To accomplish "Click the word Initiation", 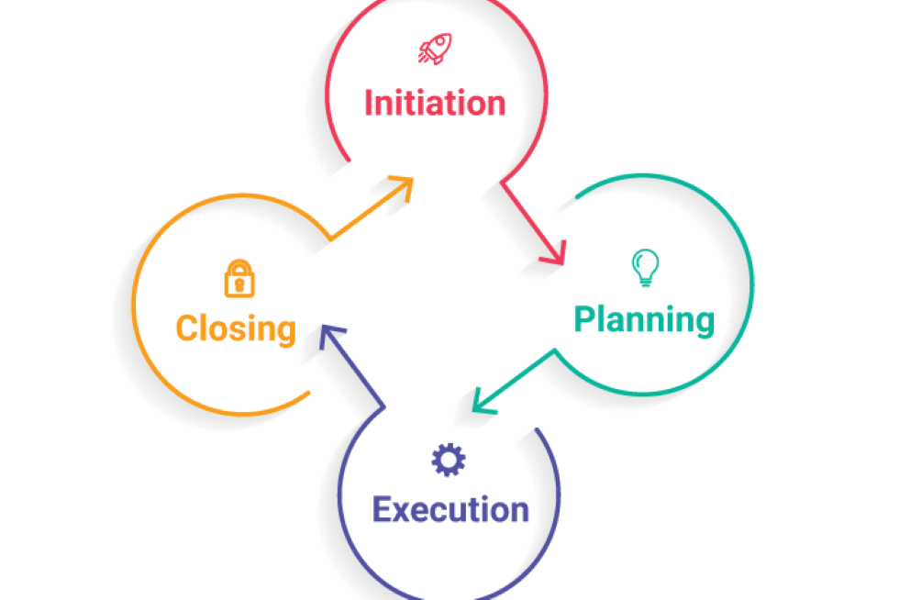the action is pyautogui.click(x=435, y=103).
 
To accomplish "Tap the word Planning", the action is pyautogui.click(x=643, y=320).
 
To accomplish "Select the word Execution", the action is pyautogui.click(x=450, y=509).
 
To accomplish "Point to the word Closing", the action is pyautogui.click(x=236, y=328).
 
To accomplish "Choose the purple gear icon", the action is pyautogui.click(x=449, y=460).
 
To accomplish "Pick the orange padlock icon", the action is pyautogui.click(x=239, y=278).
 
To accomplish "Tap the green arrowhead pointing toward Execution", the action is pyautogui.click(x=482, y=403).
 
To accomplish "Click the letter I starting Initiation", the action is pyautogui.click(x=369, y=103).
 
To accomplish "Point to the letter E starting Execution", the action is pyautogui.click(x=383, y=509).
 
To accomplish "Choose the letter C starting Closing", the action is pyautogui.click(x=187, y=328).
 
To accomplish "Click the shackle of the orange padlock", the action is pyautogui.click(x=239, y=267).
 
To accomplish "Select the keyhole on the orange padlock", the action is pyautogui.click(x=239, y=284).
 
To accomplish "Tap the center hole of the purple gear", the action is pyautogui.click(x=449, y=460).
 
